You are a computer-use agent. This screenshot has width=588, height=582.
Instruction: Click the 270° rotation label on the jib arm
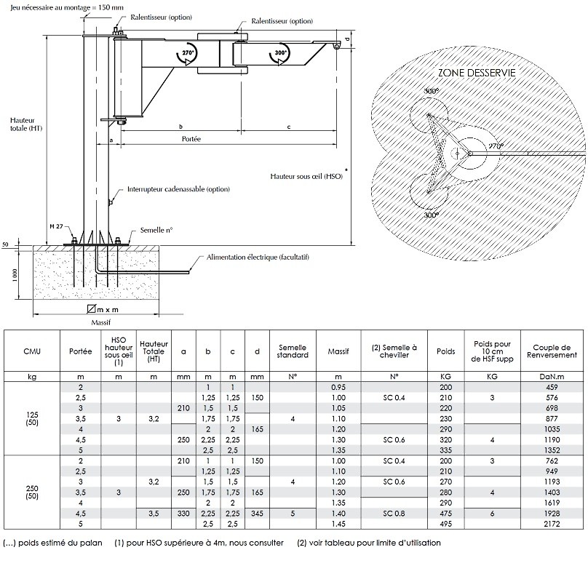point(188,53)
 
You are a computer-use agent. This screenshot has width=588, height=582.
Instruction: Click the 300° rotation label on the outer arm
point(280,53)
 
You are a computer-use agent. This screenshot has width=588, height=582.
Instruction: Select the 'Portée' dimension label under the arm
point(190,138)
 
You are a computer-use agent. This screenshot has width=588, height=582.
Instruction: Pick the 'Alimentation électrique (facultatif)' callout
point(253,258)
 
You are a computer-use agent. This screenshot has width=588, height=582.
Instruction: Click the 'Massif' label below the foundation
point(100,321)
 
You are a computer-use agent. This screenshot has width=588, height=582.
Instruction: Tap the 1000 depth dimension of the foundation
point(15,276)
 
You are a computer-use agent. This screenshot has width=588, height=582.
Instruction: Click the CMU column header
point(32,352)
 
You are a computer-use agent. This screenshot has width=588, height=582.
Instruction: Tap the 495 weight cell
point(445,523)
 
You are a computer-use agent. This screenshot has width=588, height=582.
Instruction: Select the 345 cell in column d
point(256,512)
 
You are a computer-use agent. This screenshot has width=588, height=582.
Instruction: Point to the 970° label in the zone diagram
point(496,146)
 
